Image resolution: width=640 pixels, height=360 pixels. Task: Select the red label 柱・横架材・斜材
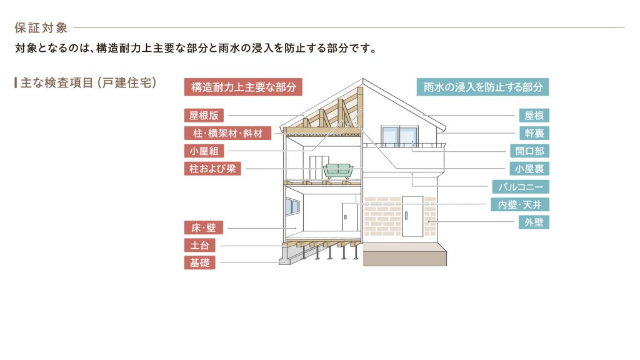pos(227,133)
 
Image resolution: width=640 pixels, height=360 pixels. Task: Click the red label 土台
pos(199,246)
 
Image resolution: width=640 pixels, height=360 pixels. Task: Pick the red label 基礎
pos(199,263)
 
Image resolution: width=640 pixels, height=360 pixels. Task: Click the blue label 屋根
pos(534,116)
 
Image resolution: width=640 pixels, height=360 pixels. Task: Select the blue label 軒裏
pos(534,133)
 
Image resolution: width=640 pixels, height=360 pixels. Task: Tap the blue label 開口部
pos(529,151)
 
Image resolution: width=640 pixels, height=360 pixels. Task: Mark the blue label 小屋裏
pos(529,169)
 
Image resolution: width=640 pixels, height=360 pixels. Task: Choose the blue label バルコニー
pos(521,187)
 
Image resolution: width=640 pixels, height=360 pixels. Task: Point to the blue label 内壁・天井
pos(520,204)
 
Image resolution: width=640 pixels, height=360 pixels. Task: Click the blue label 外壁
pos(534,222)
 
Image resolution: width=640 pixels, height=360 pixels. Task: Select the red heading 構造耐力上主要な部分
pos(243,87)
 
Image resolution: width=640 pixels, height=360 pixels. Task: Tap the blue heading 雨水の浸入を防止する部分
pos(482,87)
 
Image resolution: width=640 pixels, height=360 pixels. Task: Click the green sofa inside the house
pos(338,171)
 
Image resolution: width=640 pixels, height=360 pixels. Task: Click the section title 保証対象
pos(41,27)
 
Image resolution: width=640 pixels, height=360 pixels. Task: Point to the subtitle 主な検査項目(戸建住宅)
pos(87,82)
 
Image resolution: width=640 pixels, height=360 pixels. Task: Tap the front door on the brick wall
pos(413,216)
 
